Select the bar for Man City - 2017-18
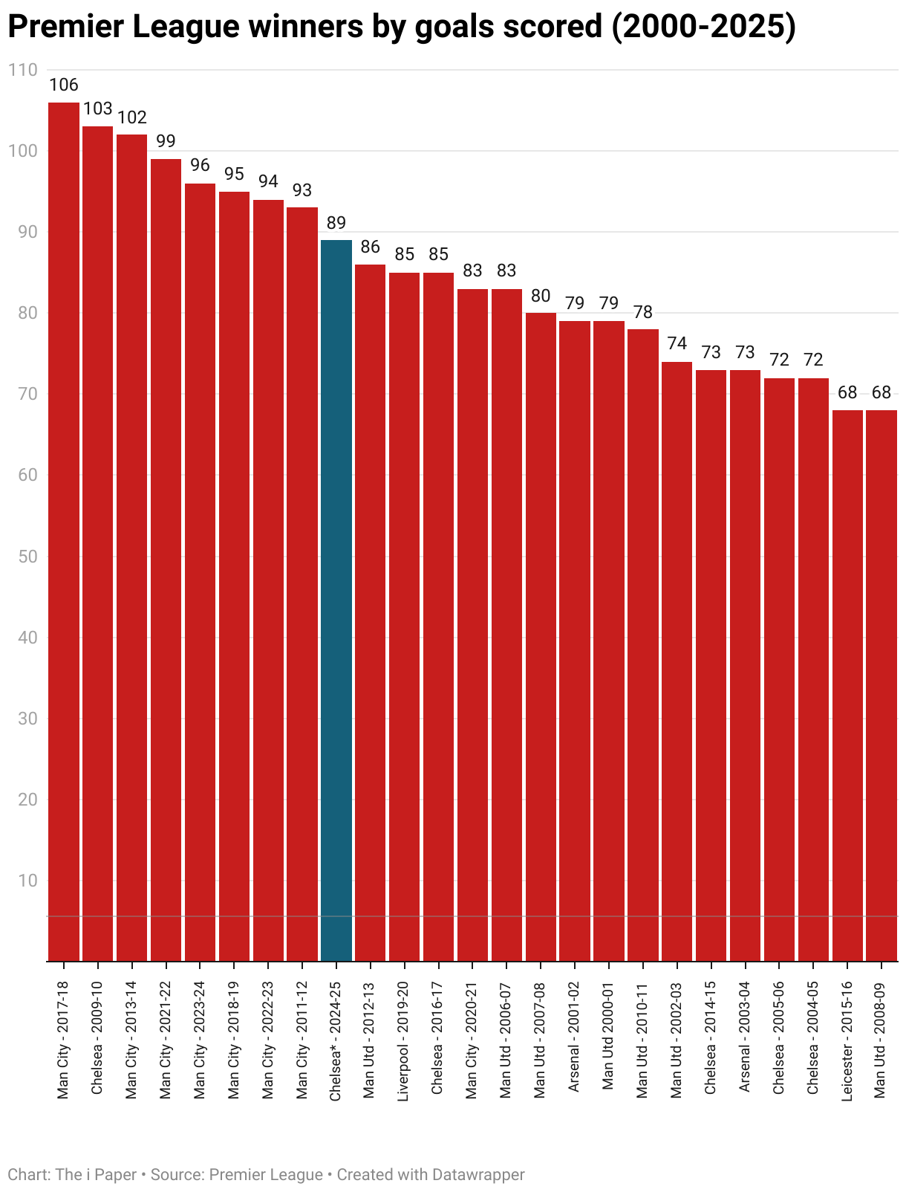[x=64, y=531]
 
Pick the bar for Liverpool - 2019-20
[x=404, y=617]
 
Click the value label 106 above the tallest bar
[x=64, y=85]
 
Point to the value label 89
[x=336, y=223]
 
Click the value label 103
[x=98, y=109]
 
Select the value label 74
[x=677, y=344]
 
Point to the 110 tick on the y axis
[x=22, y=70]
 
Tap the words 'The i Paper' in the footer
[x=96, y=1175]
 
